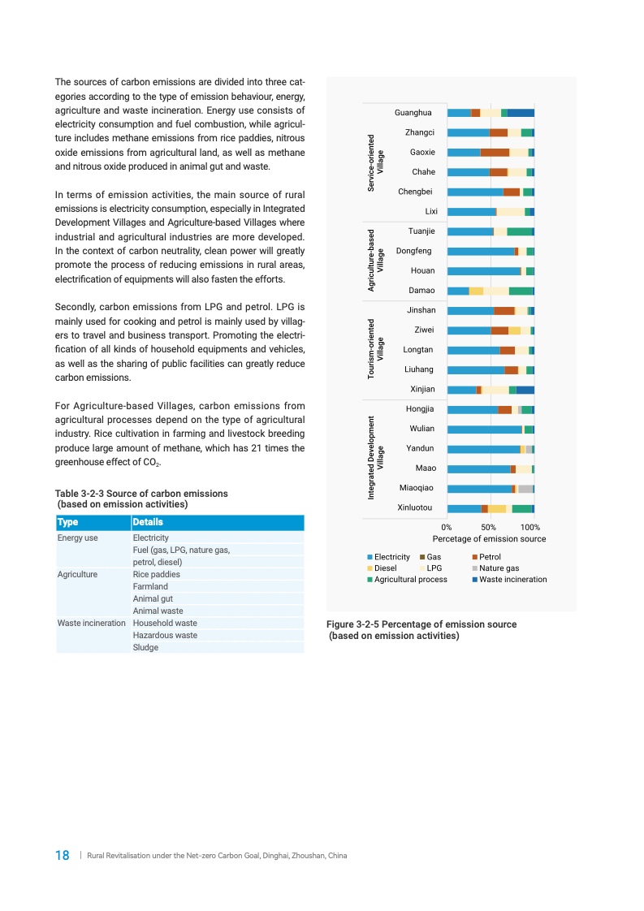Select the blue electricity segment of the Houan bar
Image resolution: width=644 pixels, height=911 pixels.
coord(483,271)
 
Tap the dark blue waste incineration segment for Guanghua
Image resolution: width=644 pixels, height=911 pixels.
coord(521,113)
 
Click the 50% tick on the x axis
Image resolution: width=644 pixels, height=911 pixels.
coord(489,527)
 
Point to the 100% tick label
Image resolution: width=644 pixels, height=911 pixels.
coord(530,527)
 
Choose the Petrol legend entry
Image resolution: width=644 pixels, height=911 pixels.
coord(490,557)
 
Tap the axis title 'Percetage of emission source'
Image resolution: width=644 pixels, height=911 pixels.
coord(489,538)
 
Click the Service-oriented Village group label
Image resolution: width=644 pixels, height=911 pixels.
coord(375,162)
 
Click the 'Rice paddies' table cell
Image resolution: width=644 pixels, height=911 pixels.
coord(157,574)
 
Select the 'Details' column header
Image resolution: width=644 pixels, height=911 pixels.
coord(148,522)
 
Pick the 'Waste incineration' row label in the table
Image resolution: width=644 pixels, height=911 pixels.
coord(91,623)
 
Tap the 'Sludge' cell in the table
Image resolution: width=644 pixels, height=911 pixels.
coord(145,647)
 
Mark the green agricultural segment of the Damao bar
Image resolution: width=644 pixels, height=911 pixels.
coord(521,291)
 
